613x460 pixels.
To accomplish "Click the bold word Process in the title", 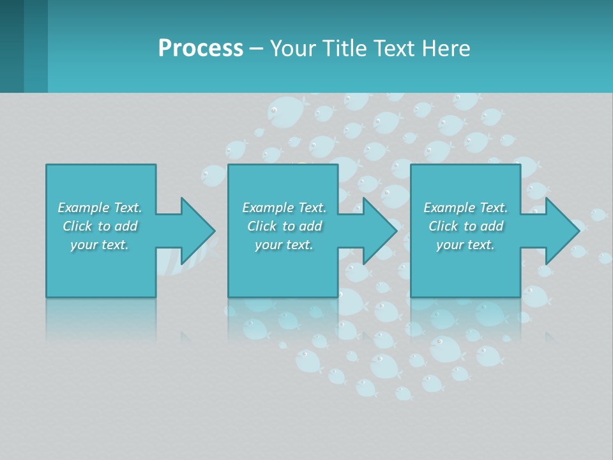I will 201,49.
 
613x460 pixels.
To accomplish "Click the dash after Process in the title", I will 256,50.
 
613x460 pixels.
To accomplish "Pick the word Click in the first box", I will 78,226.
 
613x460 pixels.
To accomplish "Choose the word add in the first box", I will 126,226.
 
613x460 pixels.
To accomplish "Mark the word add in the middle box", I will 310,226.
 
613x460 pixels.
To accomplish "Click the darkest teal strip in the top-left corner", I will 11,46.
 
